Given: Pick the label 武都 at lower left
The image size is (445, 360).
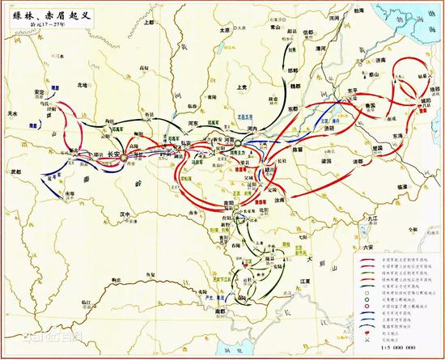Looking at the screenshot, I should point(15,171).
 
